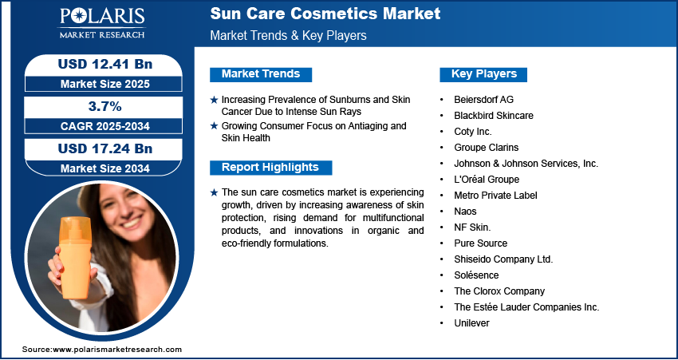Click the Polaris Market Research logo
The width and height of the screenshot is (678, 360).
102,22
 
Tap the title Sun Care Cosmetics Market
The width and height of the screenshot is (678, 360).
325,14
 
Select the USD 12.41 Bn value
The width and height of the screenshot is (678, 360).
105,64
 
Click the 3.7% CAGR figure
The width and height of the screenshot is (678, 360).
105,106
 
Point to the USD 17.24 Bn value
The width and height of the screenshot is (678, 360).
105,148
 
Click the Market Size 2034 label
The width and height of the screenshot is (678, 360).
105,168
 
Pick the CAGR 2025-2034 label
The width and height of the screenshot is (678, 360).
105,126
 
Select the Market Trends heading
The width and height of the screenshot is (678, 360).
261,74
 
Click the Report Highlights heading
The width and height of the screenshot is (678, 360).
270,168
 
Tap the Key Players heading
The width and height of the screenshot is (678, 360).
484,74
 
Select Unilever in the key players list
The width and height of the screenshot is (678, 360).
471,323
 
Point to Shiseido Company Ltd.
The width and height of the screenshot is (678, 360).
503,259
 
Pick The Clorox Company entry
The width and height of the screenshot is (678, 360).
499,291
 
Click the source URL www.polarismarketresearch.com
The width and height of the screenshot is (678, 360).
117,350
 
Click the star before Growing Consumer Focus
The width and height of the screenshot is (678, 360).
214,126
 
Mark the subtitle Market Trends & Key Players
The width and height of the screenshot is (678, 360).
288,35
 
